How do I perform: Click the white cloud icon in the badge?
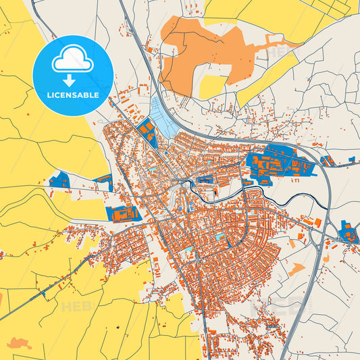72,59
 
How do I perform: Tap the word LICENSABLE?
72,95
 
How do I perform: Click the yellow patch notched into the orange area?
214,86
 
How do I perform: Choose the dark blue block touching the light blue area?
147,132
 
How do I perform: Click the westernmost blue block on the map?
59,180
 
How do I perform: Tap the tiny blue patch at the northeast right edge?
353,159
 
